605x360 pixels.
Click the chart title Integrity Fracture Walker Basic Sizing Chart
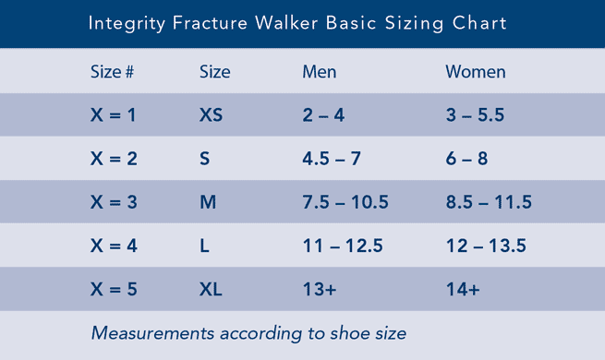297,23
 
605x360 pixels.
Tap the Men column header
320,72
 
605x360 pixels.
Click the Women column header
476,72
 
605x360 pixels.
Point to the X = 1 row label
114,115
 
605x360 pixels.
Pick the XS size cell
212,115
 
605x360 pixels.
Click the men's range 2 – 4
322,115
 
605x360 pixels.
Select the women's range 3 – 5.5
474,115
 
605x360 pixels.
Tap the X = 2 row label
114,159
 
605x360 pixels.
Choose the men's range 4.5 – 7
332,159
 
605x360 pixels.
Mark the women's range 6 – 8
466,159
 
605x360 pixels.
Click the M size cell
208,202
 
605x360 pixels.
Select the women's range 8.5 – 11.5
489,202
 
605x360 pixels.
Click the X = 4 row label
114,246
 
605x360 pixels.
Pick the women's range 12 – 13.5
486,246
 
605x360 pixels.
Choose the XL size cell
212,289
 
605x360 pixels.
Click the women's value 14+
463,289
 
